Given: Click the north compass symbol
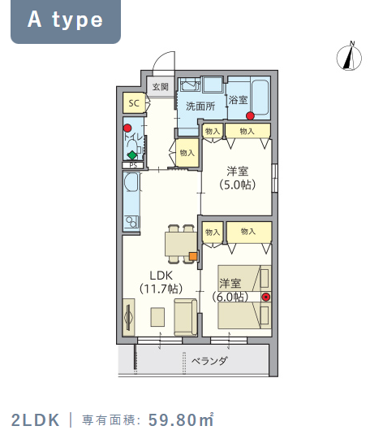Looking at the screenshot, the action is pos(349,57).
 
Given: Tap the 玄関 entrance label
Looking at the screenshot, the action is pos(161,87).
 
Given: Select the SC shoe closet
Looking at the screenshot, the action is pos(134,103).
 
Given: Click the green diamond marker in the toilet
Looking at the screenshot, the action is pos(132,155).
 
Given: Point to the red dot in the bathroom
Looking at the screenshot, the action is pos(250,115).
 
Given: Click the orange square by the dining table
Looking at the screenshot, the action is pos(193,256).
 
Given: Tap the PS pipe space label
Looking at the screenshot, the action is pos(133,165).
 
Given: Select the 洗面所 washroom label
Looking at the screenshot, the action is pos(200,106).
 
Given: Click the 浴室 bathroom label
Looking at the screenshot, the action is pos(238,99).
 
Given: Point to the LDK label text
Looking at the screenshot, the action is pos(161,276).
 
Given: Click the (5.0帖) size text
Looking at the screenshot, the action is pos(237,185).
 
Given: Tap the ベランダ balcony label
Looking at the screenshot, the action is pos(209,361).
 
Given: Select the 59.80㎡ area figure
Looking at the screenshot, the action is pos(181,419).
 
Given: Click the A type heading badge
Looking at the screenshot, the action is pos(66,21).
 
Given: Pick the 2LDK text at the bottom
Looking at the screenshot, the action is pos(36,420).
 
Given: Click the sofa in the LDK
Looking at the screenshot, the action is pos(186,317).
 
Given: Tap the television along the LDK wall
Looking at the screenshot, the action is pos(128,317).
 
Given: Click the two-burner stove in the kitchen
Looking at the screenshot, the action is pos(131,222).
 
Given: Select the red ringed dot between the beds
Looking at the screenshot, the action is pos(266,297).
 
